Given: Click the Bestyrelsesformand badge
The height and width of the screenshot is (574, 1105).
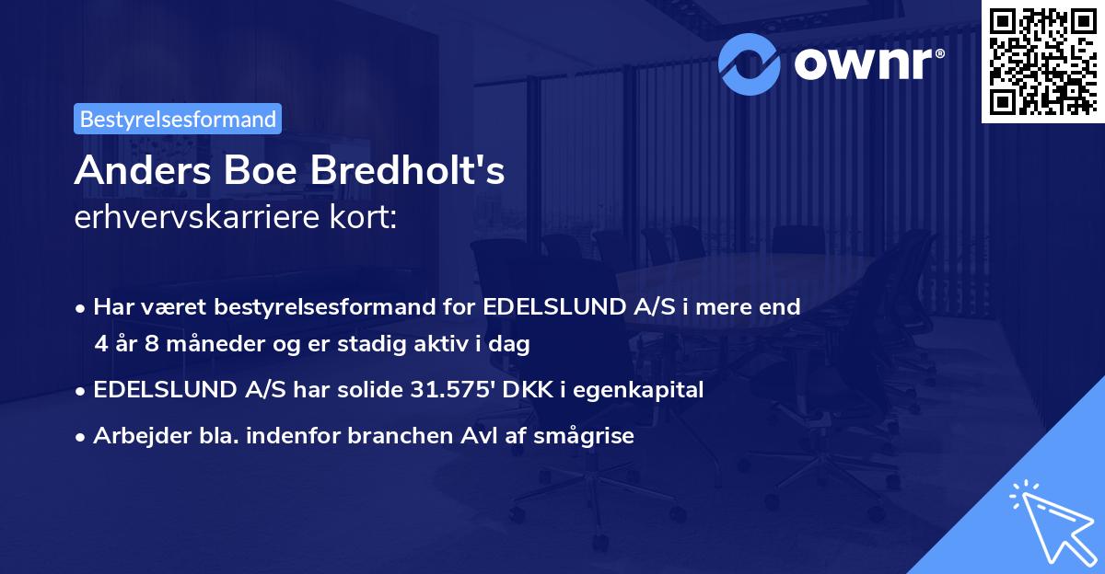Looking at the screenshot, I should pyautogui.click(x=178, y=119).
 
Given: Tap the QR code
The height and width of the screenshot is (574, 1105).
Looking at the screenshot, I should pyautogui.click(x=1042, y=60).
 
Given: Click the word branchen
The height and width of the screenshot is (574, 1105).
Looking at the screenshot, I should pyautogui.click(x=401, y=436).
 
